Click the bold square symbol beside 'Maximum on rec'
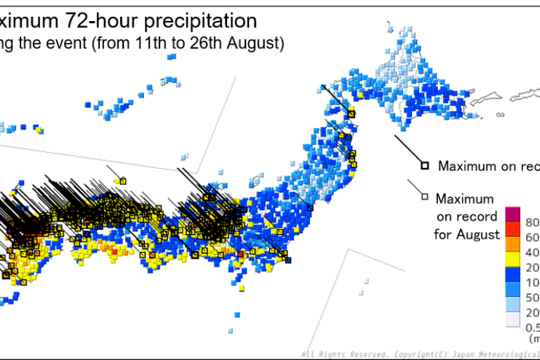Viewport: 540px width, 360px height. [x=425, y=166]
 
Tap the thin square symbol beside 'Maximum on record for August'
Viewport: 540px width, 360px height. [x=424, y=196]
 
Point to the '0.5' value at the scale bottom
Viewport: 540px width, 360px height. [x=532, y=327]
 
